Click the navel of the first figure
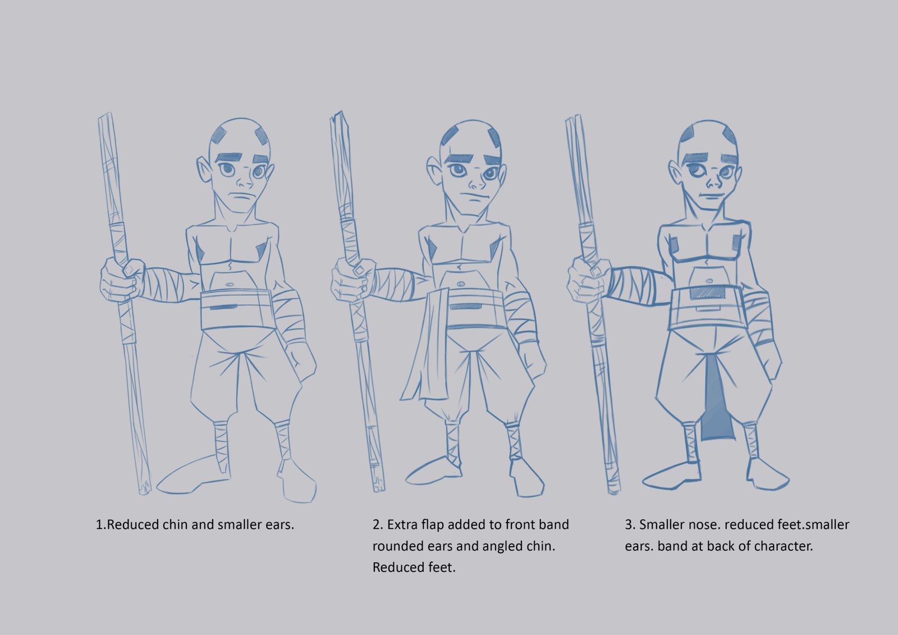[x=230, y=285]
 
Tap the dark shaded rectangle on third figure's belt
[x=708, y=292]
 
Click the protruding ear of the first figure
[x=203, y=170]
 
